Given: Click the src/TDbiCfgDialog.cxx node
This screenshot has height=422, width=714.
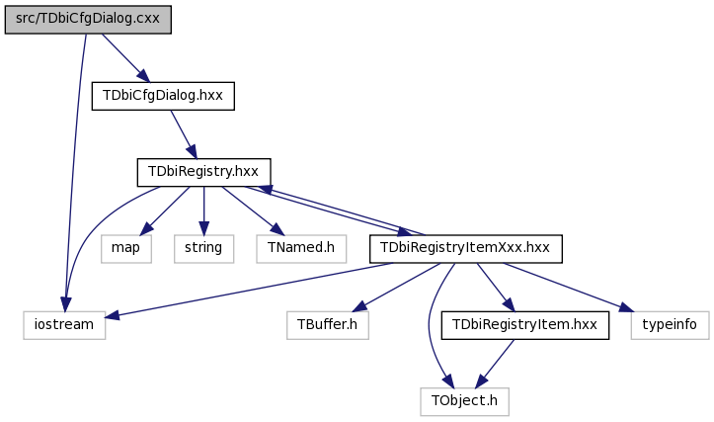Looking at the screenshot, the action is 88,20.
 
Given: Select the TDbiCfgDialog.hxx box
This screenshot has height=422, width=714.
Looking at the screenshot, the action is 163,96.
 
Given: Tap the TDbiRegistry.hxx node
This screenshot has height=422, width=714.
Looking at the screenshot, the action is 204,172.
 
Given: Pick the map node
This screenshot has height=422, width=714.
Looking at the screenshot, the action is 126,249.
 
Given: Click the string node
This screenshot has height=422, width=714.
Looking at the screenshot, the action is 204,249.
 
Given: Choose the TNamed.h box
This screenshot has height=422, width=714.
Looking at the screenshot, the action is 301,249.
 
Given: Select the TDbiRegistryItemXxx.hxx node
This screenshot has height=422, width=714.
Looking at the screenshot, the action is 466,249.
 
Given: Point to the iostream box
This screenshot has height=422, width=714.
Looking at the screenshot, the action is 64,325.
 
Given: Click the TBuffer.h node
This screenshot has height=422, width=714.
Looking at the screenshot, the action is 328,325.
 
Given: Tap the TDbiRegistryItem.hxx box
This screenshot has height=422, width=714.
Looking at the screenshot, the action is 525,325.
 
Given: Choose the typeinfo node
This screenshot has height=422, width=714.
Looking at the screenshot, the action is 671,325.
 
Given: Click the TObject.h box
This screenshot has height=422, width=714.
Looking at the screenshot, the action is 464,401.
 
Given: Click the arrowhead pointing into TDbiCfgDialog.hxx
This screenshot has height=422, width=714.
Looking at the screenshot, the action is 143,76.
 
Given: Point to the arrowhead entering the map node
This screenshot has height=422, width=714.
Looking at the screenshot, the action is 145,229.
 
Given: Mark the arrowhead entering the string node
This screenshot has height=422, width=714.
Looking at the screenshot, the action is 204,228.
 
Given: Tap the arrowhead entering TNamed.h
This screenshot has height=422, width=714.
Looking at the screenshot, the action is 277,229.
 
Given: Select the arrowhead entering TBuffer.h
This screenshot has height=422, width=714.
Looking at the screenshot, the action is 359,306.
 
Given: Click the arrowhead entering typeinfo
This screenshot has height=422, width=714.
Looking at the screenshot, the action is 626,307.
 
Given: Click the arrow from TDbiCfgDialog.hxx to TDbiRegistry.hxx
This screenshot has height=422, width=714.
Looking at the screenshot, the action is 184,134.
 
